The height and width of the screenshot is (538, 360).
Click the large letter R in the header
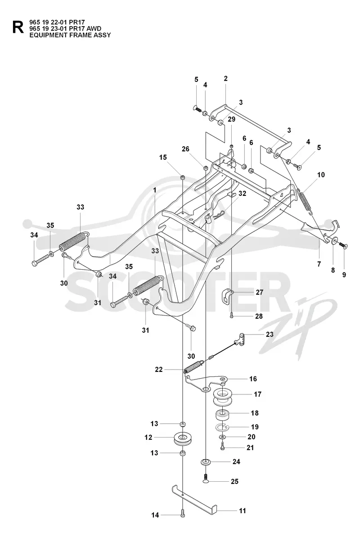click(x=18, y=27)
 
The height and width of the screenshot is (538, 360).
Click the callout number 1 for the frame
click(x=155, y=190)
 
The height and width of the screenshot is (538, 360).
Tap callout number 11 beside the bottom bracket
click(x=243, y=511)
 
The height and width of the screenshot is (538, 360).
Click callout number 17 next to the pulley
click(x=257, y=394)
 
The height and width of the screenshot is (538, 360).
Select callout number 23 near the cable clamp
click(x=270, y=334)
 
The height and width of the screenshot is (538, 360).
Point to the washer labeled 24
click(x=206, y=461)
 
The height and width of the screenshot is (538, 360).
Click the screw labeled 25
click(x=205, y=479)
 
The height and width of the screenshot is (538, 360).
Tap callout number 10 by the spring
click(x=320, y=175)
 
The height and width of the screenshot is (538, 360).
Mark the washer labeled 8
click(x=334, y=240)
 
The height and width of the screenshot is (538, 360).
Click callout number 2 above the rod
click(x=225, y=79)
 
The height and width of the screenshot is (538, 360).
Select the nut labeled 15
click(x=183, y=177)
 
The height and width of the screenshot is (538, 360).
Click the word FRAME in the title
click(x=71, y=35)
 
